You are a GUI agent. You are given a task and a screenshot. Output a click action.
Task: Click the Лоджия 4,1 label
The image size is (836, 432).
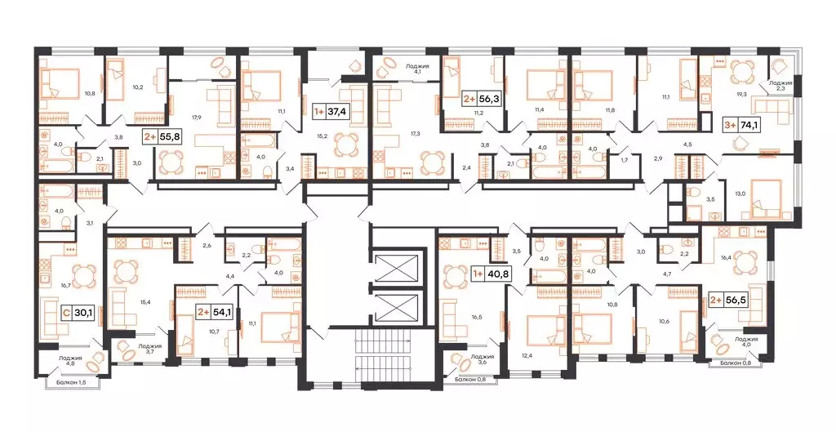(x=418, y=67)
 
